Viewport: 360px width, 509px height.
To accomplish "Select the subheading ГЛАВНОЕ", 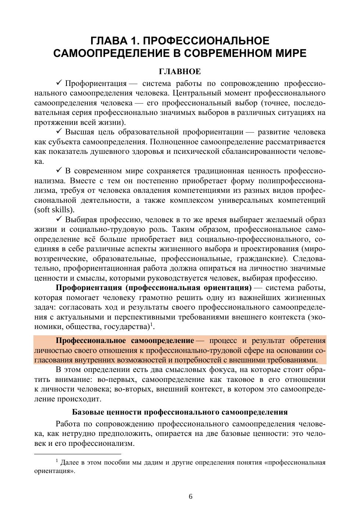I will point(180,71).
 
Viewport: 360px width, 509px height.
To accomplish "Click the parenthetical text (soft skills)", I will point(54,210).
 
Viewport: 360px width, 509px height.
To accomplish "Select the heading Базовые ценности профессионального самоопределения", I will point(180,412).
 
